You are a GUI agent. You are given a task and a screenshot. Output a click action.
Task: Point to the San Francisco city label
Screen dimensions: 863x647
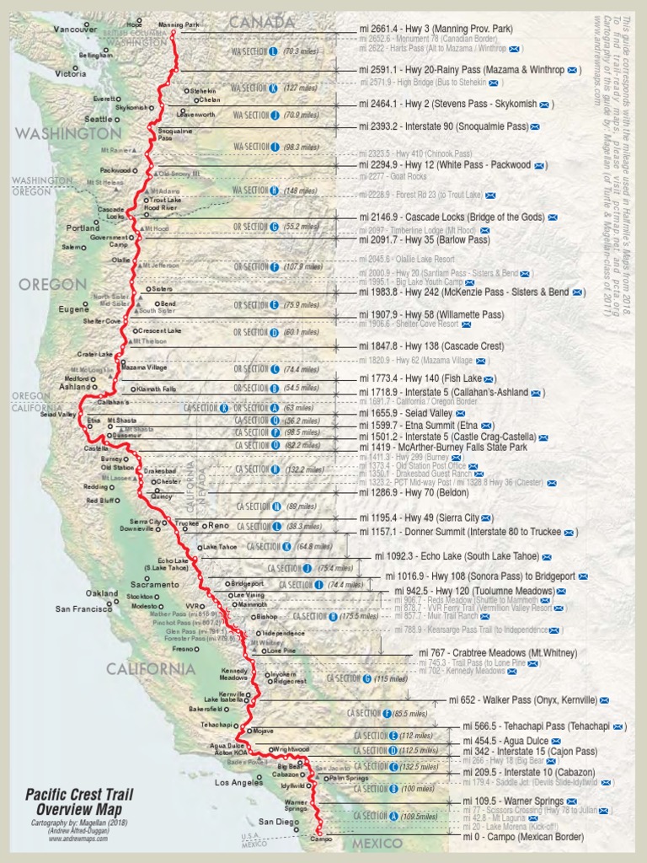pos(84,608)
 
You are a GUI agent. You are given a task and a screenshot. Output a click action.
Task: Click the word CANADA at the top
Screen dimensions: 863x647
pos(262,20)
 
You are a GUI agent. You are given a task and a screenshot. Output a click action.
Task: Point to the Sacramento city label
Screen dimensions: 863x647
pos(154,584)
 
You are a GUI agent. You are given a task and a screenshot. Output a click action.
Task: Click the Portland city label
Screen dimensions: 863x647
pos(83,228)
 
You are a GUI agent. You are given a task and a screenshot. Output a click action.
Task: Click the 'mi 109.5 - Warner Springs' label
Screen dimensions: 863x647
pos(514,801)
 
